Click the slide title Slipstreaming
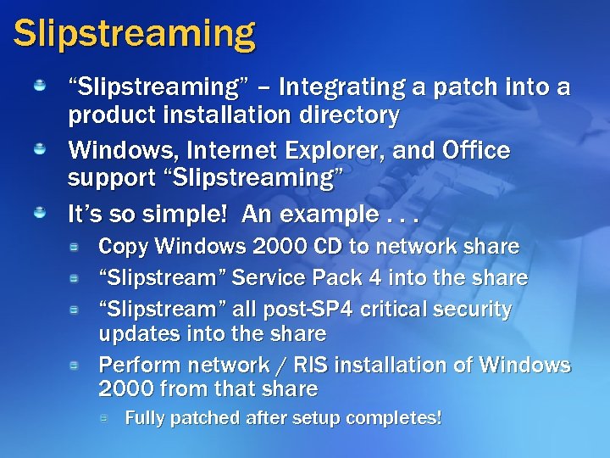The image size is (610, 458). (134, 34)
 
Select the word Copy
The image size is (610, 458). (123, 247)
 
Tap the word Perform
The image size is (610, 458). (137, 365)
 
